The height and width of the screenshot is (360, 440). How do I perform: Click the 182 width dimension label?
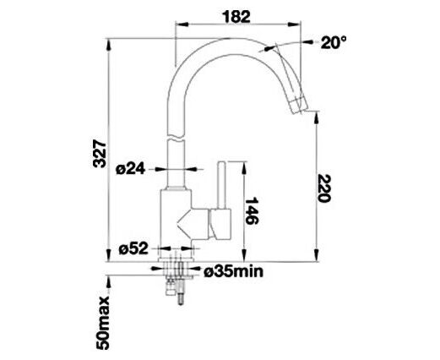point(236,17)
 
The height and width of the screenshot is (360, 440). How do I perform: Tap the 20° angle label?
point(334,42)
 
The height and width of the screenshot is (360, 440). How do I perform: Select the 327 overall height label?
point(100,154)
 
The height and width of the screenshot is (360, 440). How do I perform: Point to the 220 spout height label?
point(323,188)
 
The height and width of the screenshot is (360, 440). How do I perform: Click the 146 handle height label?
point(252,210)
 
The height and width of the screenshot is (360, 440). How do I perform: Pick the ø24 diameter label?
point(131,169)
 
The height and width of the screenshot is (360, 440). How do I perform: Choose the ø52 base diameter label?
point(133,248)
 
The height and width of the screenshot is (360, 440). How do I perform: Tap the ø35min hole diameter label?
point(234,271)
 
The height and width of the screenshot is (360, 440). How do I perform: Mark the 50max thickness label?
point(102,322)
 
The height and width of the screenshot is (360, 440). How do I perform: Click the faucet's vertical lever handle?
point(222,185)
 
